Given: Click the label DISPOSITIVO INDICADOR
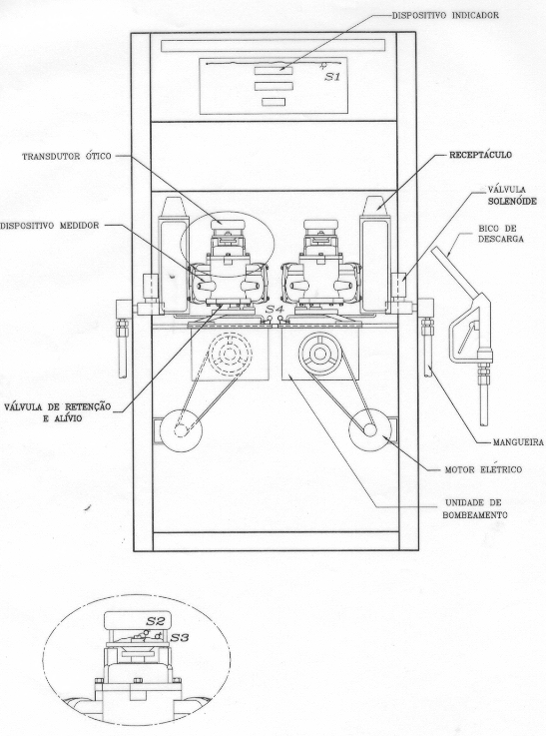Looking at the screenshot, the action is pyautogui.click(x=445, y=15).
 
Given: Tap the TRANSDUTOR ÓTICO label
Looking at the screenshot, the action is pyautogui.click(x=67, y=157).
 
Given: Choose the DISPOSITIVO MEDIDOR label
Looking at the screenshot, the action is pyautogui.click(x=50, y=226).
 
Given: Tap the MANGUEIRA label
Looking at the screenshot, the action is pyautogui.click(x=518, y=442).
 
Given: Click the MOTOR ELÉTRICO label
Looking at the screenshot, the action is pyautogui.click(x=483, y=469).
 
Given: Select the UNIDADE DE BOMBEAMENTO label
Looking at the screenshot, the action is pyautogui.click(x=475, y=509).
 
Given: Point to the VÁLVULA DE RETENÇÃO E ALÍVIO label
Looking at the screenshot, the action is pyautogui.click(x=58, y=412).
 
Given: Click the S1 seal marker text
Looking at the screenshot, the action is pyautogui.click(x=332, y=77).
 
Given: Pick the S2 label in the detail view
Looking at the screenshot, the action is pyautogui.click(x=155, y=621).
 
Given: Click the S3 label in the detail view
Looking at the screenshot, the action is pyautogui.click(x=180, y=638).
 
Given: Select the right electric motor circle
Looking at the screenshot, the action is pyautogui.click(x=370, y=430).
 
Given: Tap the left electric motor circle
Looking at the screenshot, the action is pyautogui.click(x=181, y=430).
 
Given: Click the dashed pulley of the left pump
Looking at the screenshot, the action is pyautogui.click(x=230, y=354).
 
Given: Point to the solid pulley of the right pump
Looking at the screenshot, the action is pyautogui.click(x=320, y=354).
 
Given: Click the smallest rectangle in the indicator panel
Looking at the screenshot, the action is pyautogui.click(x=273, y=102).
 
